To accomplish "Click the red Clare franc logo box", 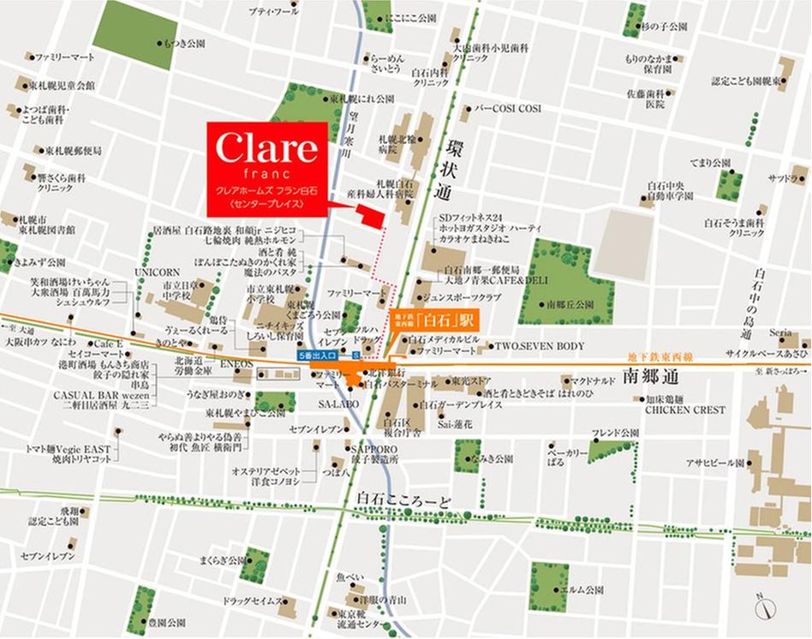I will click(266, 169).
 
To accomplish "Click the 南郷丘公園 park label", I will click(569, 303).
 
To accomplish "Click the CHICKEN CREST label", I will click(685, 409).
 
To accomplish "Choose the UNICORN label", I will click(156, 271).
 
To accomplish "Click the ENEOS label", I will click(232, 364).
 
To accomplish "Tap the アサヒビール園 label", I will click(714, 462).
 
